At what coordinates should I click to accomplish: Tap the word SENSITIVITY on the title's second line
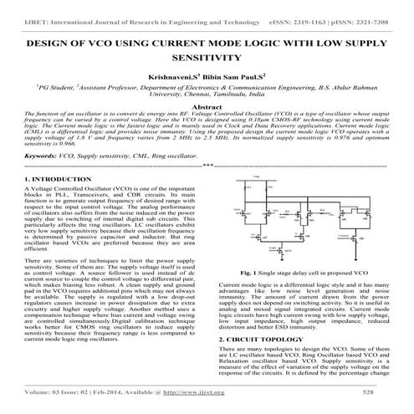[x=207, y=59]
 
